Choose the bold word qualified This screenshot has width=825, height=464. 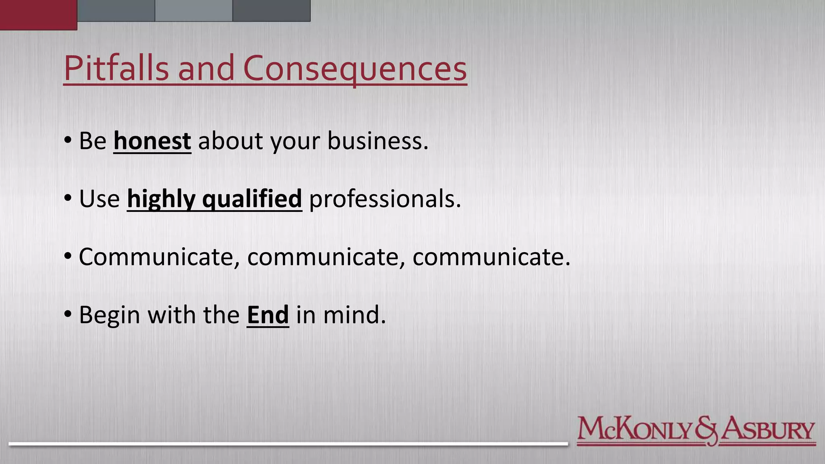pyautogui.click(x=252, y=199)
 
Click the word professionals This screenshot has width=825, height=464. pyautogui.click(x=385, y=199)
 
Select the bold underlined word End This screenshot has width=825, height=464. pyautogui.click(x=268, y=315)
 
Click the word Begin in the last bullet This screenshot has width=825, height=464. pyautogui.click(x=110, y=315)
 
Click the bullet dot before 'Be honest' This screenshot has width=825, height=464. pyautogui.click(x=68, y=141)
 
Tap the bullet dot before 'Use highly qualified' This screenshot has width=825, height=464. pyautogui.click(x=68, y=198)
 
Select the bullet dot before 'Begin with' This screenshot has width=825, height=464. pyautogui.click(x=68, y=314)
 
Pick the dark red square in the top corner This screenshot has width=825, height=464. pyautogui.click(x=38, y=14)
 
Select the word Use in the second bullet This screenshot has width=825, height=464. pyautogui.click(x=99, y=199)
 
